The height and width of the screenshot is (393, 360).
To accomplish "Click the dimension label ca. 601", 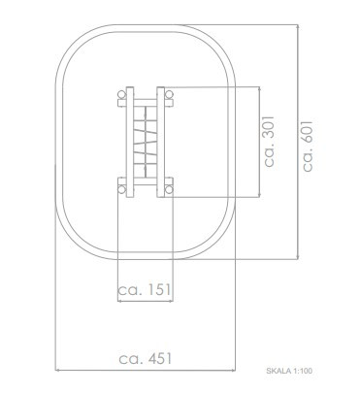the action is point(308,146).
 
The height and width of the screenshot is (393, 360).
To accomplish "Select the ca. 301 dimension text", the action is point(269,142).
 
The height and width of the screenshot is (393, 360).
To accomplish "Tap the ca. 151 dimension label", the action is point(145,289).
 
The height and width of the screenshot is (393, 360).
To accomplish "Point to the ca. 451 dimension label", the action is point(146,358).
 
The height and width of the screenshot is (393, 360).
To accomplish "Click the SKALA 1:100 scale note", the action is point(289,371).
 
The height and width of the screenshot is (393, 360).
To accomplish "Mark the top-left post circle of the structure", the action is point(121,95).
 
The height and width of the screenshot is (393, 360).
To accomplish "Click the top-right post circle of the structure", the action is point(169,95).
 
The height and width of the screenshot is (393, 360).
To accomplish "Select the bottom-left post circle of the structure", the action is point(121,189).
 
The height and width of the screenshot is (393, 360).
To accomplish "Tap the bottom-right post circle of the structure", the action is point(169,189).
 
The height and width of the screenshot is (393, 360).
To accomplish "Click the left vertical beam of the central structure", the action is point(130,142).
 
